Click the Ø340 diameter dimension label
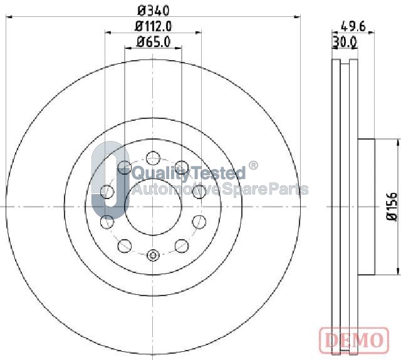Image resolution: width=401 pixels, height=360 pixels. click(154, 11)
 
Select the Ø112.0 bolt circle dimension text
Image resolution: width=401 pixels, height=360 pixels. click(153, 26)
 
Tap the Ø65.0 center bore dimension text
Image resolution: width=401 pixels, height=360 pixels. click(153, 42)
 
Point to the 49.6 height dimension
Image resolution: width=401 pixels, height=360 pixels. click(353, 26)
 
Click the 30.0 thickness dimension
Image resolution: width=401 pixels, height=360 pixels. click(345, 42)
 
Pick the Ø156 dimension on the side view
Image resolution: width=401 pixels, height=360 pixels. click(392, 207)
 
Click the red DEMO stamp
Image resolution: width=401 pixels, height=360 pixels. click(354, 340)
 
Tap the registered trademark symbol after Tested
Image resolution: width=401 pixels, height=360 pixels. click(253, 165)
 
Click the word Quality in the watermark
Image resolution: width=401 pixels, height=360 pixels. click(161, 173)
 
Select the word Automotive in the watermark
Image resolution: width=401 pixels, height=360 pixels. click(176, 189)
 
